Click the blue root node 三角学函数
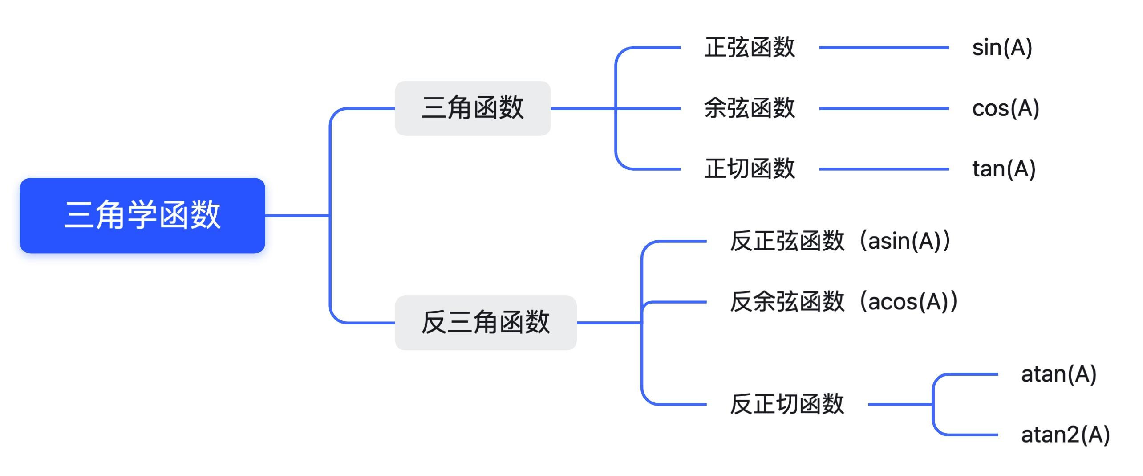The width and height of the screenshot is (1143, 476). [142, 215]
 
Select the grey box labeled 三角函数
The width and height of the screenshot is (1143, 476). [473, 108]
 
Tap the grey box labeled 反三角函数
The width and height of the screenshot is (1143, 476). [486, 323]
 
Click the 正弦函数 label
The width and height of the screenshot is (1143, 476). [750, 47]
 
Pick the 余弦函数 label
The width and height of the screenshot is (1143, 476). [750, 108]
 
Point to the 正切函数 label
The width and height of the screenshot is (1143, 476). [750, 169]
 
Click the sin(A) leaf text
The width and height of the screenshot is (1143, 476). [1002, 48]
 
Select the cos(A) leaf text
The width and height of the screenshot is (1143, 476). [1005, 108]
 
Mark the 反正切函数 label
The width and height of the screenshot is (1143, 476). [787, 404]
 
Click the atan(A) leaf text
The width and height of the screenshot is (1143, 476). [1058, 374]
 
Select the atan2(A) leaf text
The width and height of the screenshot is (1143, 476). [1065, 435]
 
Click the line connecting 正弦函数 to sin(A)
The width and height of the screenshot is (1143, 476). [884, 48]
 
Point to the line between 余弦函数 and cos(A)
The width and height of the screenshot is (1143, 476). [884, 108]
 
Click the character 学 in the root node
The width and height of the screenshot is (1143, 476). [142, 215]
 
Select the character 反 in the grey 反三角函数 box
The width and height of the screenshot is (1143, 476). [434, 322]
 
